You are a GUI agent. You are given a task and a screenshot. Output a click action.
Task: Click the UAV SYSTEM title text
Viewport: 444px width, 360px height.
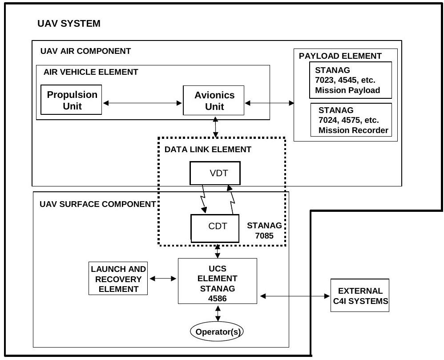(x=69, y=24)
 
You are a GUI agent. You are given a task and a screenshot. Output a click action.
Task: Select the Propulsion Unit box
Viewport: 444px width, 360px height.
(x=71, y=100)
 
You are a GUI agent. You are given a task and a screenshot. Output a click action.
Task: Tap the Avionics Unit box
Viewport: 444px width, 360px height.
(x=214, y=101)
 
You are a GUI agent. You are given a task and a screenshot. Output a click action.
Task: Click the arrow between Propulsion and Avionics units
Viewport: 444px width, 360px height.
(x=142, y=103)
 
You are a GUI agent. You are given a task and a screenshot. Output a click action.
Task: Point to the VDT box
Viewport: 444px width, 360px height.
(x=215, y=173)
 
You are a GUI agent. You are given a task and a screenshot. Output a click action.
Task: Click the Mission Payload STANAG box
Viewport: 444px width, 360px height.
(x=351, y=80)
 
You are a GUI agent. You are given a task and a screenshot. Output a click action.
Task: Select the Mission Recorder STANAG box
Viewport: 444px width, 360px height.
(x=351, y=120)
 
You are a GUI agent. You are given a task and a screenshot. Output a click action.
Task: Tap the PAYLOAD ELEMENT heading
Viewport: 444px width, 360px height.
(x=340, y=56)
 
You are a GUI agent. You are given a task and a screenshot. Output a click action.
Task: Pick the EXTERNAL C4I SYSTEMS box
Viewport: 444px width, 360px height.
(x=359, y=296)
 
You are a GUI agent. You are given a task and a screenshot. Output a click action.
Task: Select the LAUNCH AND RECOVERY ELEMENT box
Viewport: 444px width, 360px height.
(x=118, y=279)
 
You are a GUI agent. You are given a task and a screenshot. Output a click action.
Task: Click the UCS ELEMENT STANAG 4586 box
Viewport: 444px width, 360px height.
(x=218, y=281)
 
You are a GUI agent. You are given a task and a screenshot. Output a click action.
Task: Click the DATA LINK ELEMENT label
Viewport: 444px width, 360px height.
(x=208, y=150)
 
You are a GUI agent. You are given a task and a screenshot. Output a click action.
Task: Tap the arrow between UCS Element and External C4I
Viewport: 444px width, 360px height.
(x=294, y=296)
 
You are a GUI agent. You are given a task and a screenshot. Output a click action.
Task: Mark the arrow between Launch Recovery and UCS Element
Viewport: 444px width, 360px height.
(x=163, y=279)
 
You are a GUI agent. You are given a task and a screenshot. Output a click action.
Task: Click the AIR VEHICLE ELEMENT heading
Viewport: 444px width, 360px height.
(x=91, y=72)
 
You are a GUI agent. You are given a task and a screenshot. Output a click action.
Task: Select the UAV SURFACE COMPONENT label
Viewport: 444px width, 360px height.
(x=97, y=205)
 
